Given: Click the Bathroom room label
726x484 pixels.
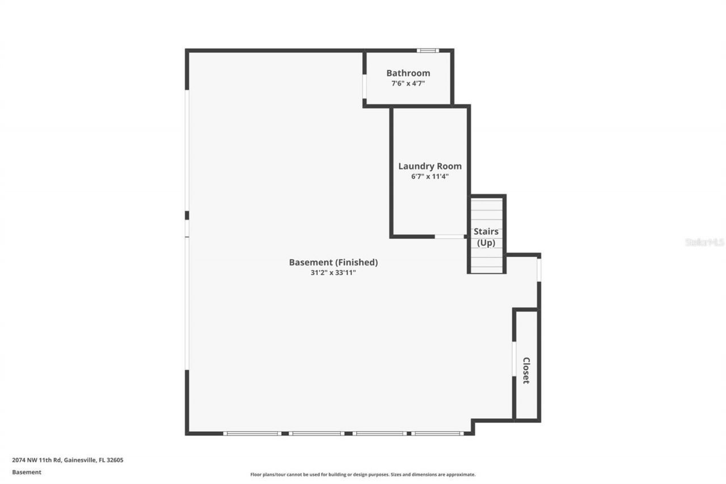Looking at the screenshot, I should [x=408, y=73].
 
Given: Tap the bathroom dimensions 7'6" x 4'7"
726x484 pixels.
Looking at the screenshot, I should [x=408, y=83].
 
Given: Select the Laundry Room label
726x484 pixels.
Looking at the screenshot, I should [x=429, y=166].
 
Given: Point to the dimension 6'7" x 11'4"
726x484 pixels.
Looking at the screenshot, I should [x=429, y=176].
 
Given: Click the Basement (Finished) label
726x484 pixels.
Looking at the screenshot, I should [x=333, y=262].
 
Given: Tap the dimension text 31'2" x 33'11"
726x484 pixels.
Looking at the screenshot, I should [x=333, y=272].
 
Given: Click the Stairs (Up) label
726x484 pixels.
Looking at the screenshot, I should [x=486, y=237].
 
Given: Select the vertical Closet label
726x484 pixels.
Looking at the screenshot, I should [x=526, y=371].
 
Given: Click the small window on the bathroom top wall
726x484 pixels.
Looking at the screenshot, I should [x=428, y=50].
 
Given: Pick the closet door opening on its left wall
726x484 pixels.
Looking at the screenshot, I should [x=514, y=359].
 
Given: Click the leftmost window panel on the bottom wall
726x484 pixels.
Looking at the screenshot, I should [x=252, y=434].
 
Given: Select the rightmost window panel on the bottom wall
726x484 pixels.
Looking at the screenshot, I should [x=437, y=434].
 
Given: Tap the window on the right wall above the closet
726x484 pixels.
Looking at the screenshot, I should [x=539, y=270].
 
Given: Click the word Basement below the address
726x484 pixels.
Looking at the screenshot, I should [x=27, y=472].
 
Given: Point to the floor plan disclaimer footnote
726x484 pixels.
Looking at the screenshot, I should [x=363, y=474].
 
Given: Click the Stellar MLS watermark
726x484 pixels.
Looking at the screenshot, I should [x=704, y=242].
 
